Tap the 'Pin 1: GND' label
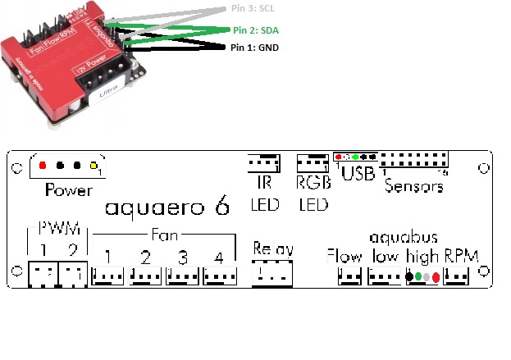[x=255, y=48]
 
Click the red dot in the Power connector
[x=43, y=165]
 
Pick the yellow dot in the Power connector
[x=94, y=165]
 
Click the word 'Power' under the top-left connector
[x=69, y=190]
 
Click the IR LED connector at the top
[x=260, y=162]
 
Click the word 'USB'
[x=358, y=174]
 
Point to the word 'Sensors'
[x=414, y=186]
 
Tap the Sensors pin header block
[x=414, y=161]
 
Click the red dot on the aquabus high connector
[x=436, y=277]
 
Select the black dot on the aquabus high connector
[x=408, y=277]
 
